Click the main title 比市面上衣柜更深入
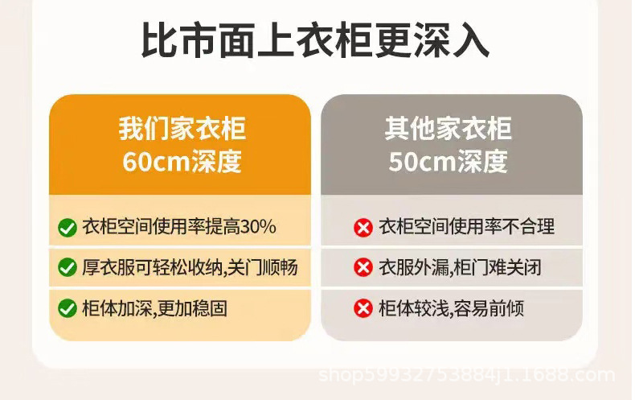tap(315, 40)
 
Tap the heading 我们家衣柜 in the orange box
tap(182, 129)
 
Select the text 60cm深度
tap(182, 161)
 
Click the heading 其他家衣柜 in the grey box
tap(448, 129)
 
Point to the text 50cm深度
tap(448, 161)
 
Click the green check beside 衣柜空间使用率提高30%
tap(68, 228)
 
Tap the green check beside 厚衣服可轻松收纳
tap(68, 267)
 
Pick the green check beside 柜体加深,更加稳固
tap(68, 308)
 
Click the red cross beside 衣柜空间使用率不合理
tap(363, 228)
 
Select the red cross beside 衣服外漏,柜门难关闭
tap(363, 267)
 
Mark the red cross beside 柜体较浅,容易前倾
tap(363, 308)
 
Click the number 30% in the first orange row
tap(258, 226)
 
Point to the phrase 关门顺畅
tap(262, 267)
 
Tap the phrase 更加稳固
tap(192, 308)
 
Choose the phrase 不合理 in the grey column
tap(528, 226)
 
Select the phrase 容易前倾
tap(489, 308)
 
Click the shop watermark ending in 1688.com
tap(466, 375)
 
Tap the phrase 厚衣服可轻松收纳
tap(152, 267)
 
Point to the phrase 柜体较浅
tap(413, 308)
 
